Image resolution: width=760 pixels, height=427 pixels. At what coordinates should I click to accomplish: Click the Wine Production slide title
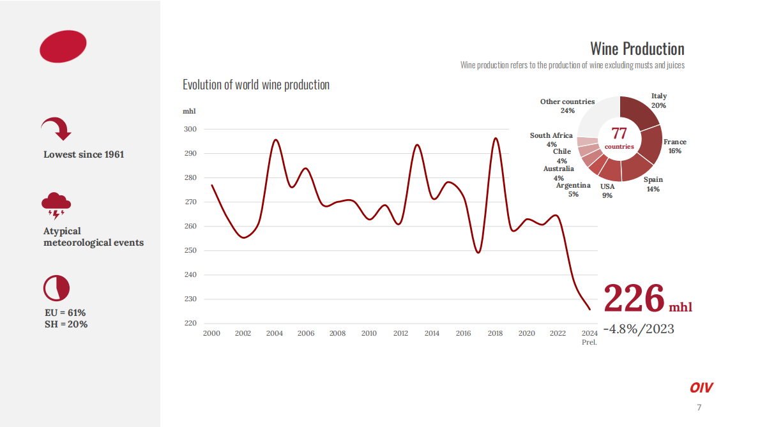tap(637, 49)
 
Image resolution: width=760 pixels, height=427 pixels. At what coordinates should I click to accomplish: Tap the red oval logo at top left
tap(63, 45)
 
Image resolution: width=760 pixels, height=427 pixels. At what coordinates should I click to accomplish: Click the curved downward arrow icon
tap(56, 129)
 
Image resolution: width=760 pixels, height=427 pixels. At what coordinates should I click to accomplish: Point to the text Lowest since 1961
tap(84, 154)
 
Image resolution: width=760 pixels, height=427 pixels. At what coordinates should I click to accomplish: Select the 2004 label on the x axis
tap(275, 333)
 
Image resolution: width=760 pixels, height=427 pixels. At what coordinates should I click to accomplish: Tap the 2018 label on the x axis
tap(495, 333)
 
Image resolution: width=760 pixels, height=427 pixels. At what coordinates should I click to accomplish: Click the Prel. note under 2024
tap(589, 342)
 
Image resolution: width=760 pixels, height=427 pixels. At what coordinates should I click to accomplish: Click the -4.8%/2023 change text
tap(638, 329)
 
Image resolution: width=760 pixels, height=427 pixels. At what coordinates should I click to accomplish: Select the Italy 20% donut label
tap(659, 101)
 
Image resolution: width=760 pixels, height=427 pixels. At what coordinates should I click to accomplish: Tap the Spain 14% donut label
tap(653, 184)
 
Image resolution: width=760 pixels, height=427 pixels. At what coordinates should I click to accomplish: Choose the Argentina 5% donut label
tap(573, 190)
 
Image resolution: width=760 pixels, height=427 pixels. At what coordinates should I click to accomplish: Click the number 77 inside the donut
tap(619, 133)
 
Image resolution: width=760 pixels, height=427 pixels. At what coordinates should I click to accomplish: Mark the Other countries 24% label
tap(567, 106)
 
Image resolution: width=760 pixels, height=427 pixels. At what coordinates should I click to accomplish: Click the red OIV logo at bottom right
tap(701, 387)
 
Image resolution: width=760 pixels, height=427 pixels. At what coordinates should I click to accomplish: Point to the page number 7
tap(699, 408)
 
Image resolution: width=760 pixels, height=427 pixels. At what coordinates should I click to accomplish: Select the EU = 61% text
tap(65, 313)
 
